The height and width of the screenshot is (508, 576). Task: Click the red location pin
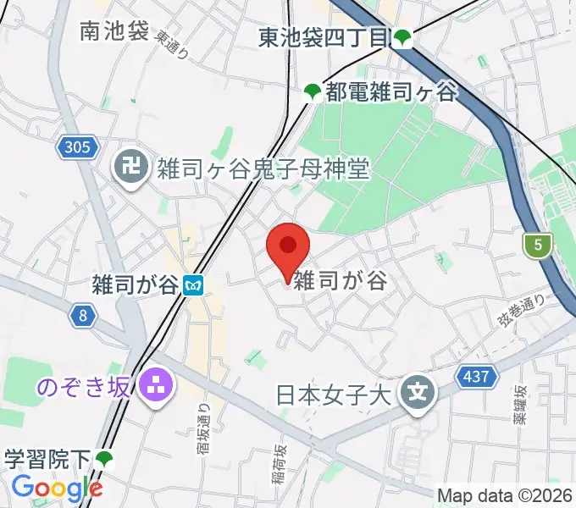coord(287,248)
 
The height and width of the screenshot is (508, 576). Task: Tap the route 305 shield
coord(75,148)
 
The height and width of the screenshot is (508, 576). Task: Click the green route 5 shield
coord(537,246)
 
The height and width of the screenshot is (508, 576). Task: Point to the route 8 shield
coord(82,316)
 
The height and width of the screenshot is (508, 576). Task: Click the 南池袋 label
coord(114,31)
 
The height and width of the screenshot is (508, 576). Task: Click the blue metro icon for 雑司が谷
coord(195,285)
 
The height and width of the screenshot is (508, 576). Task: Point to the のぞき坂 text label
coord(84,387)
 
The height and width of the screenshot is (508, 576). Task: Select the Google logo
coord(57,488)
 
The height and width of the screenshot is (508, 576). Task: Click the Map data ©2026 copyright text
coord(505,495)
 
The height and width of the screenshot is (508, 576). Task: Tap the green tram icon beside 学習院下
coord(104,460)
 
